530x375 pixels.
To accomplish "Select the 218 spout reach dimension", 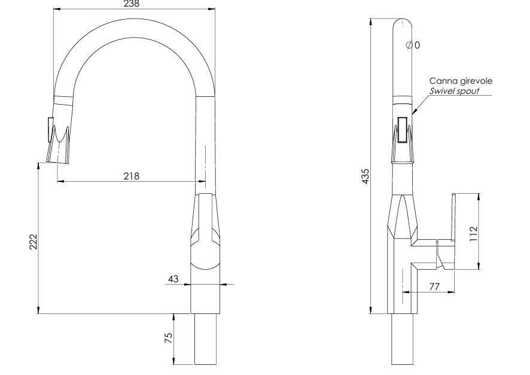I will pyautogui.click(x=131, y=176).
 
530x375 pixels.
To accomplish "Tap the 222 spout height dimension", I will pyautogui.click(x=33, y=242).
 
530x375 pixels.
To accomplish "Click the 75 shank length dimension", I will pyautogui.click(x=169, y=339).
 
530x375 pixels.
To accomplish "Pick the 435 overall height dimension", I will pyautogui.click(x=365, y=176).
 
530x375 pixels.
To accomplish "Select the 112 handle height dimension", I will pyautogui.click(x=473, y=231).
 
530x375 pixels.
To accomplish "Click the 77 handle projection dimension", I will pyautogui.click(x=434, y=287).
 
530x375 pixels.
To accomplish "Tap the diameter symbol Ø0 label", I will pyautogui.click(x=413, y=45).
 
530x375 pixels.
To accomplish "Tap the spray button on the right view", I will pyautogui.click(x=403, y=129).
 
